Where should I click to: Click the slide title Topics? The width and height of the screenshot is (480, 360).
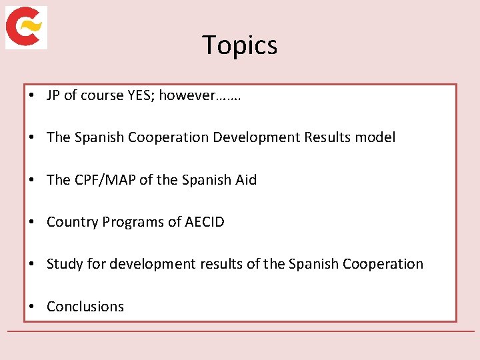(x=240, y=45)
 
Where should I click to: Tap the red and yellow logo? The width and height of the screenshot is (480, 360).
(x=26, y=27)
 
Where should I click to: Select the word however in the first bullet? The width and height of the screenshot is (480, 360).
(x=187, y=95)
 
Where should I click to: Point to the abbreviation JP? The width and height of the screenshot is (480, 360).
(x=53, y=95)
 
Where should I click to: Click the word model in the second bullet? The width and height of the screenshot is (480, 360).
(x=375, y=137)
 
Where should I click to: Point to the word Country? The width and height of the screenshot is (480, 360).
(x=72, y=222)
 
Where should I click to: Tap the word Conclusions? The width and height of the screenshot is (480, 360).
(x=85, y=307)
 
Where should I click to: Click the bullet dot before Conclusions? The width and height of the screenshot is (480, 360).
(x=32, y=307)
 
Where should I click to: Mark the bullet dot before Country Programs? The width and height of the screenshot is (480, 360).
(x=32, y=222)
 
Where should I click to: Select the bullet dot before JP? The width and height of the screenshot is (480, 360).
(x=32, y=95)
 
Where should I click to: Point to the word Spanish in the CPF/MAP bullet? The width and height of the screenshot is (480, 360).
(x=204, y=180)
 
